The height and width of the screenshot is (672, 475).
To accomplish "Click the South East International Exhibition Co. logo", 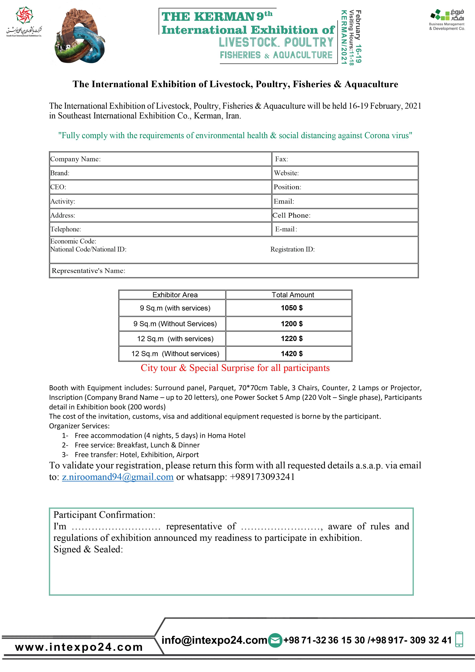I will tap(24, 22).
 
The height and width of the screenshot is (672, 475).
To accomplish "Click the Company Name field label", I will tap(75, 159).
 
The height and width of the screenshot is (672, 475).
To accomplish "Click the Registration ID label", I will tap(292, 249).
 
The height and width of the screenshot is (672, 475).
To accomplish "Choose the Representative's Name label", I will tap(88, 271).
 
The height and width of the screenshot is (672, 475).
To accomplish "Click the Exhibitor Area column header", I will tap(175, 295).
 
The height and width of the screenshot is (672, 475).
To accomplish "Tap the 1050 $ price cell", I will tap(292, 308).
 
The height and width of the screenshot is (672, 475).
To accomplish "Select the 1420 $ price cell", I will tap(292, 354).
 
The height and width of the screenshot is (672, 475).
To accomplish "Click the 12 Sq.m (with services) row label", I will tap(175, 339).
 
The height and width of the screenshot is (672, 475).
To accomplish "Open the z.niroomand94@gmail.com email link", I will tap(118, 477).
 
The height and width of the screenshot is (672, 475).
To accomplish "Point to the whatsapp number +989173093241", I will tap(262, 477).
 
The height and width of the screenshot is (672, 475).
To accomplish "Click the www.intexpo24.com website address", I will tap(79, 647).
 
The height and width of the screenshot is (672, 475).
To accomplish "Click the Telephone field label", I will tap(66, 229).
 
